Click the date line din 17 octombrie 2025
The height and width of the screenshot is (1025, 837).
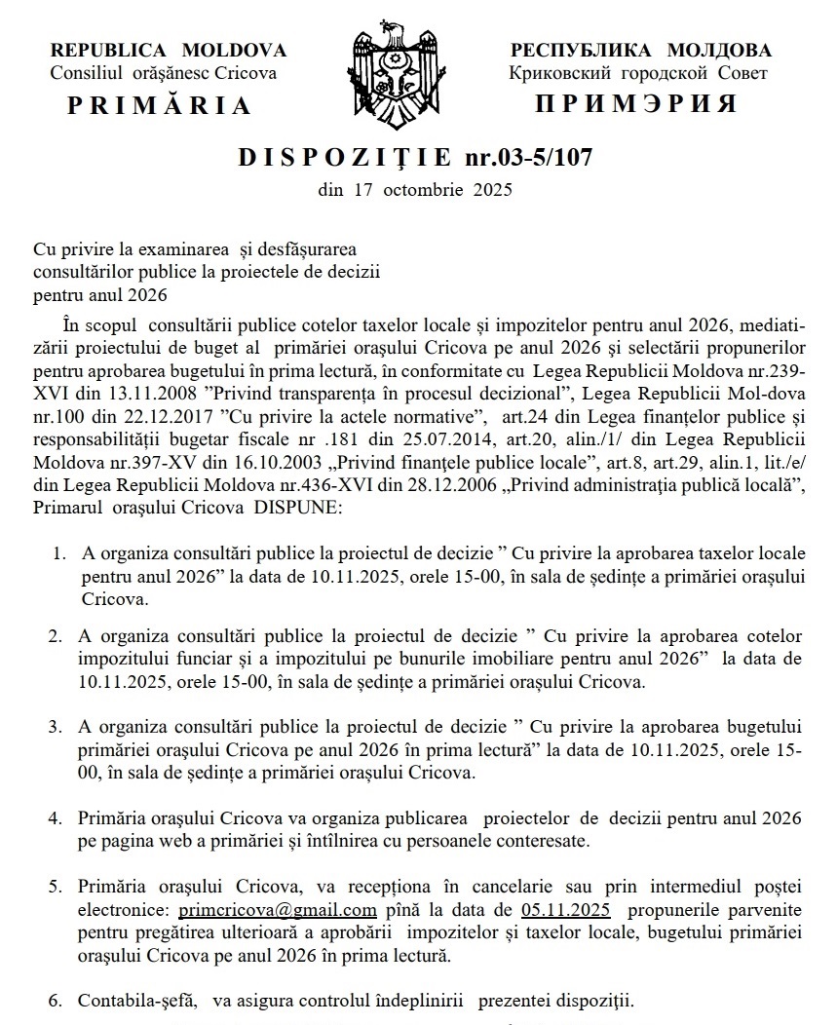pos(415,190)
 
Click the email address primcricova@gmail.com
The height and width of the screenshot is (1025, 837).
pos(278,911)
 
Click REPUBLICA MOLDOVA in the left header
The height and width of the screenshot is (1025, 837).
pos(169,50)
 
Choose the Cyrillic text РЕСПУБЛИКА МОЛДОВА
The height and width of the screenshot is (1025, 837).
pos(640,51)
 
